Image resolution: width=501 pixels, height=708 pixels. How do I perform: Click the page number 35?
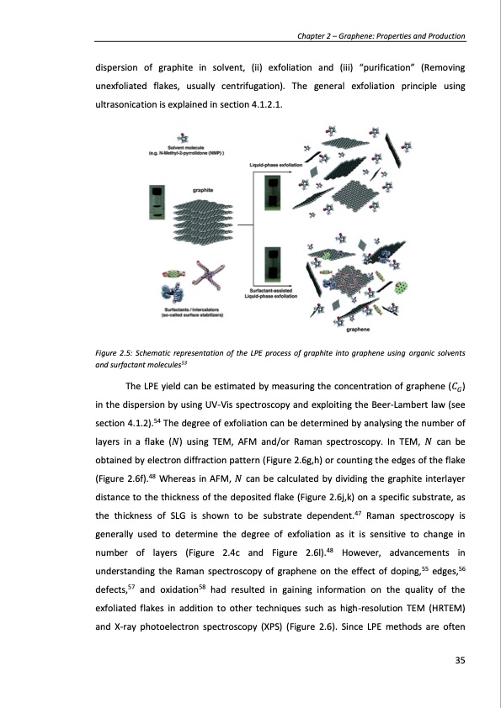pos(460,660)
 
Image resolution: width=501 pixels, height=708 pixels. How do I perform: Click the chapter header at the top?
pos(381,36)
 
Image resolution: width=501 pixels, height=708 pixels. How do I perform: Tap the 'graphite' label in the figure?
pos(203,190)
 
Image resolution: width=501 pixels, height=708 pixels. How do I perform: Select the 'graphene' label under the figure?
pos(358,329)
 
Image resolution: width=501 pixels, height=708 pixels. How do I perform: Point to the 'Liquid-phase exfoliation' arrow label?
pos(276,165)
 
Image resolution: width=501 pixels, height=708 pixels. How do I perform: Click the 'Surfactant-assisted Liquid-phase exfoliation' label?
pos(271,293)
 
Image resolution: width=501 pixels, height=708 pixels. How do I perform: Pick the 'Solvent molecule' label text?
pos(186,147)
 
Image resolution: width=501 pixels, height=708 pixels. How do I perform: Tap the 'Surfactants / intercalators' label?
pos(192,309)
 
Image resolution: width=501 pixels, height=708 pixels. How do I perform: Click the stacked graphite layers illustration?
pos(203,221)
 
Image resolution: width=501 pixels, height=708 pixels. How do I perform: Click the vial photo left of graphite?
pos(157,203)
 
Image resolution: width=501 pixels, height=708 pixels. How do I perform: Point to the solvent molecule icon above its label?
pos(183,138)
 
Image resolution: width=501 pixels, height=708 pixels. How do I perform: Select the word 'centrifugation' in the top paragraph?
pos(253,87)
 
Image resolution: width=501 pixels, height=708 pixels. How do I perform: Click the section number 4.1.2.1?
pos(266,105)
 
